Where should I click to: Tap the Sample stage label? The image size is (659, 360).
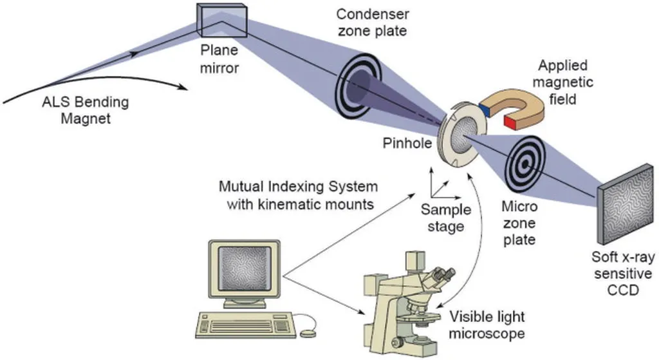tap(445, 218)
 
